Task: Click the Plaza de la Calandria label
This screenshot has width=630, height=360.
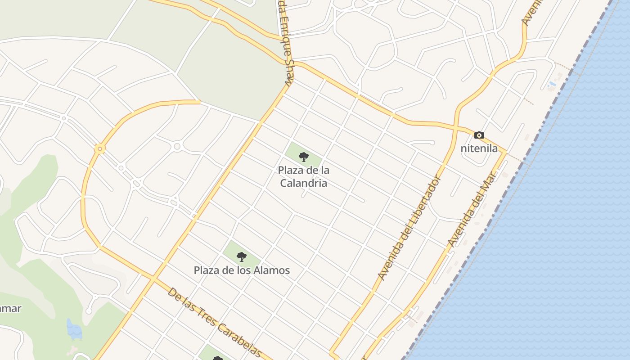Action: [x=303, y=176]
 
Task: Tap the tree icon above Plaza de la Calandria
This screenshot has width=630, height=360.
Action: [x=304, y=157]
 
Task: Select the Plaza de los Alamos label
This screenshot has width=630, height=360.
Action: [x=242, y=270]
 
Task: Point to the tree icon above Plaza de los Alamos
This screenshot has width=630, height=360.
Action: [x=242, y=257]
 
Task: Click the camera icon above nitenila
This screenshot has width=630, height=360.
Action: [x=479, y=135]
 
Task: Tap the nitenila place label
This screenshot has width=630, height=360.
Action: [x=479, y=148]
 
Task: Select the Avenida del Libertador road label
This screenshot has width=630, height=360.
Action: [x=409, y=227]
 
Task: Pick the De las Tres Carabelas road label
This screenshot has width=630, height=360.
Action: [x=214, y=323]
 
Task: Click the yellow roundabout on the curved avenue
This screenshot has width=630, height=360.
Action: [x=99, y=149]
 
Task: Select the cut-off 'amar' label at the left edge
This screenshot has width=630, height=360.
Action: [x=10, y=309]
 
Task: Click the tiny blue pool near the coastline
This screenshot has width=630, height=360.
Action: [x=552, y=84]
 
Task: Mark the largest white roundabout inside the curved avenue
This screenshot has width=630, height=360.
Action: [x=177, y=146]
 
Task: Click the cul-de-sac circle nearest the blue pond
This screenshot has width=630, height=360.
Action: [x=89, y=310]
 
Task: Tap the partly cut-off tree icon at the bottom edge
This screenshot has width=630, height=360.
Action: [x=218, y=358]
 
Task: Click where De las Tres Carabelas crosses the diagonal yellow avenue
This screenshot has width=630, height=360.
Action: [x=153, y=279]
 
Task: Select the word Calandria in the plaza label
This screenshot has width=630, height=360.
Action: [x=303, y=183]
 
